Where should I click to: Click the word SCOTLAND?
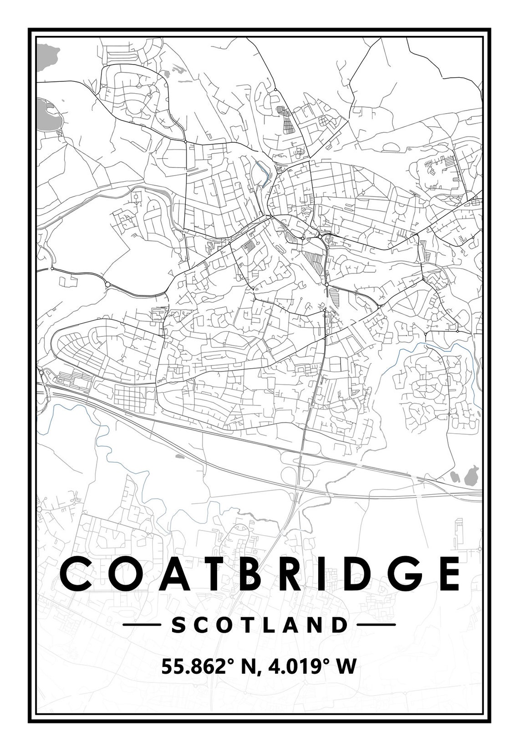pyautogui.click(x=259, y=625)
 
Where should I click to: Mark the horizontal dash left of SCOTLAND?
pyautogui.click(x=141, y=625)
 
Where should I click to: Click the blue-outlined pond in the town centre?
pyautogui.click(x=260, y=174)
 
